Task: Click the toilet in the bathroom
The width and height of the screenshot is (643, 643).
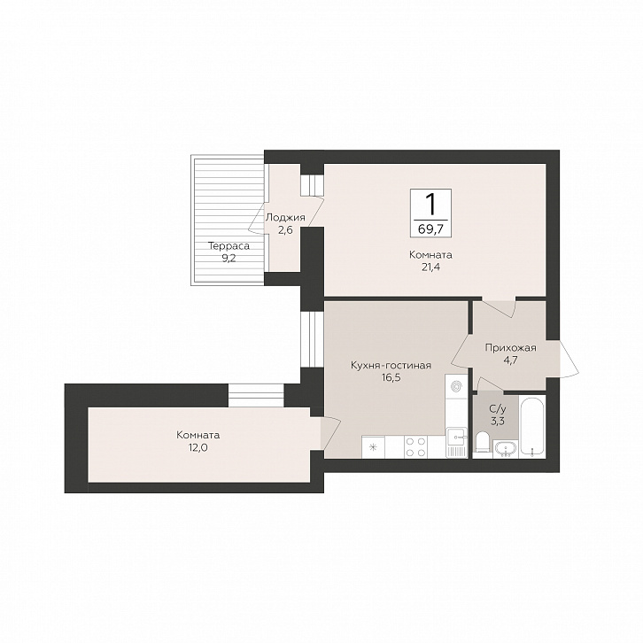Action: [483, 442]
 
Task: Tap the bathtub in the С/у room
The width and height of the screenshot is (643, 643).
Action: [532, 426]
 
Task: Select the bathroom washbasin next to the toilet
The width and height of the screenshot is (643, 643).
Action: [506, 448]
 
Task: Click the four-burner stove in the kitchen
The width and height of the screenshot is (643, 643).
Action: [415, 446]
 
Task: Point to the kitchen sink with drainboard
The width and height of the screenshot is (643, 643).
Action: [456, 443]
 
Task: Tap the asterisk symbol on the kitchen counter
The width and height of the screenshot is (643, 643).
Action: [373, 447]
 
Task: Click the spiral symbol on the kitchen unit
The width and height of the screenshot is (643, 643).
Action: [456, 386]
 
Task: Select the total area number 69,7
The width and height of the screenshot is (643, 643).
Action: [430, 229]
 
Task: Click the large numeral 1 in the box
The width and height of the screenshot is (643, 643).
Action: [430, 205]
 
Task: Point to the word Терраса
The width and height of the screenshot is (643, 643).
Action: [229, 246]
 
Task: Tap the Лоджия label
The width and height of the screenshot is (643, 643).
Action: [285, 217]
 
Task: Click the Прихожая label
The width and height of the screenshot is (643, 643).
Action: [510, 348]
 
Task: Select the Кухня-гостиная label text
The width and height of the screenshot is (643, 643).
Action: [391, 365]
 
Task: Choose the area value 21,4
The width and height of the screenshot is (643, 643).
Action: [430, 267]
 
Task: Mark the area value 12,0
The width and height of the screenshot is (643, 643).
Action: [198, 447]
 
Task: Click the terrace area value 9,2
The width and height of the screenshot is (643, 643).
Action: [229, 259]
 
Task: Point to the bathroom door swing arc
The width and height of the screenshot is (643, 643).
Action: [490, 384]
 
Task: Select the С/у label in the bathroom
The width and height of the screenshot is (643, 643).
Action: [498, 408]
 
